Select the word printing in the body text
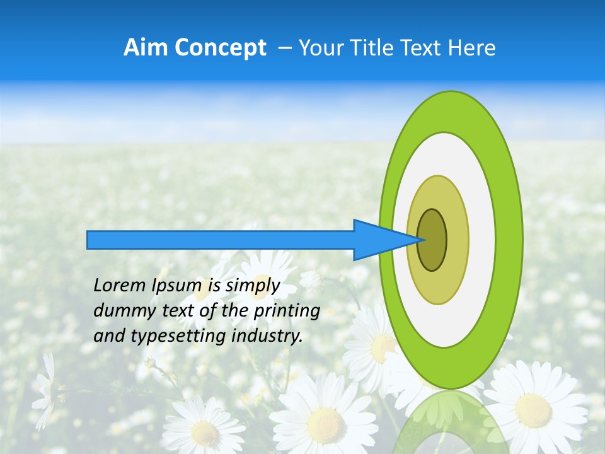[287, 311]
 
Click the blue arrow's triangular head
[378, 240]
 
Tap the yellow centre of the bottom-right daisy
[533, 410]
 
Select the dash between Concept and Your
[284, 48]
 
